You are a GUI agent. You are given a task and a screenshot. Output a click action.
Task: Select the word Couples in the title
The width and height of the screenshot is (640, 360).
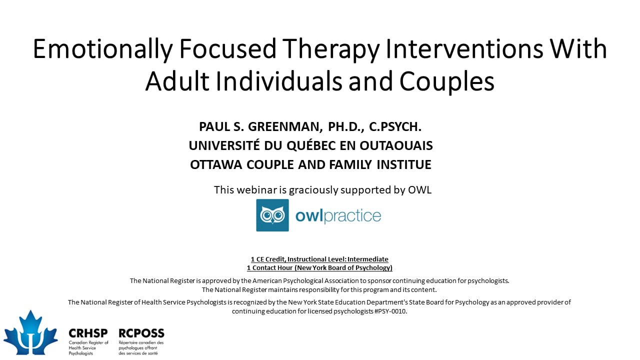[447, 81]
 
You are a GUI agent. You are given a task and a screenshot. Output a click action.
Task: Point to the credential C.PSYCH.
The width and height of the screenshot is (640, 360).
[395, 127]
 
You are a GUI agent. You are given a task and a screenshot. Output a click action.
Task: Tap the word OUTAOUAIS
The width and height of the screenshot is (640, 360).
[396, 145]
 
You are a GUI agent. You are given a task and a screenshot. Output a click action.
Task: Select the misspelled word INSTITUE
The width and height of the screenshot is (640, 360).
[404, 164]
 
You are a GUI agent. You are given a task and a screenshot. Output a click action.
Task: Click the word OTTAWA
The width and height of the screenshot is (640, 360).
[216, 164]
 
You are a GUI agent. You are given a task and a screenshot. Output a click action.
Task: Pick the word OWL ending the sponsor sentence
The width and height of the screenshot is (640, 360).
[419, 190]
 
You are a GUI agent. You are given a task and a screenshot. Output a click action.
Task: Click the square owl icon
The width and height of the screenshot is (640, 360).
[272, 215]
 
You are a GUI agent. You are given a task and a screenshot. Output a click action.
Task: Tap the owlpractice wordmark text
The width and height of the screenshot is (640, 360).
[338, 215]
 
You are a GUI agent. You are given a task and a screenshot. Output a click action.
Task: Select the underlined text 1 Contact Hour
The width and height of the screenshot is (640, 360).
[269, 267]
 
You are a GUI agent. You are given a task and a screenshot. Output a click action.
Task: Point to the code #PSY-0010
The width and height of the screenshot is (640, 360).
[390, 311]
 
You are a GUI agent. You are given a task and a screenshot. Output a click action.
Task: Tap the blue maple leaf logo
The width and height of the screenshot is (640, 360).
[30, 333]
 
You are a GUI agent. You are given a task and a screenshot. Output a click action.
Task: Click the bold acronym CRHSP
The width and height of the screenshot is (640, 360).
[88, 333]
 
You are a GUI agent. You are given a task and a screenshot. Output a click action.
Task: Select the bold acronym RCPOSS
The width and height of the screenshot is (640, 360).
[141, 333]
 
